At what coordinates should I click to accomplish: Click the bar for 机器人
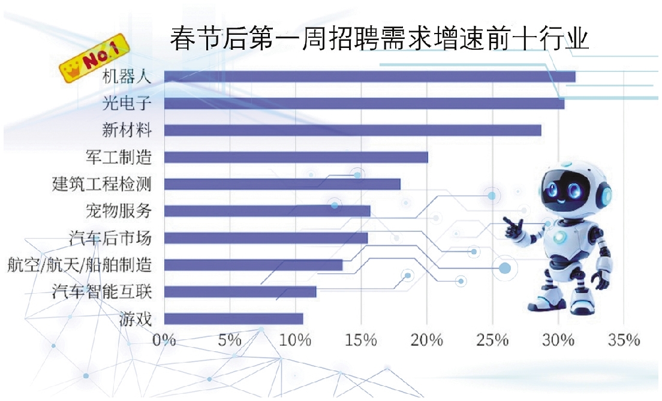coord(369,77)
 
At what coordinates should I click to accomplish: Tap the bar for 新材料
coord(353,131)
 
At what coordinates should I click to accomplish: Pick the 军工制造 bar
coord(296,158)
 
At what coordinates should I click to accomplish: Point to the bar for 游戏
coord(233,319)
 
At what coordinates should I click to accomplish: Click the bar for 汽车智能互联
coord(240,292)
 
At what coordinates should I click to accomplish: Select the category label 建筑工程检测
coord(101,185)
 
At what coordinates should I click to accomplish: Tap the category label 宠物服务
coord(119,211)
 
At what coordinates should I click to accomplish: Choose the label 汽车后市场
coord(110,238)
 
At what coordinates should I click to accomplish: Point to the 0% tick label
coord(164,340)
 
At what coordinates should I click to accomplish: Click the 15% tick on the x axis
coord(361,340)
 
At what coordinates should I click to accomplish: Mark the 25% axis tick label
coord(492,340)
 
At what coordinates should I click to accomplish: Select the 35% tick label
coord(624,340)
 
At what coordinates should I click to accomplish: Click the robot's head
coord(573,189)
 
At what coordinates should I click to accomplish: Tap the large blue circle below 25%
coord(505,269)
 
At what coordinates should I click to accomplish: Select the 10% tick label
coord(295,340)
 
